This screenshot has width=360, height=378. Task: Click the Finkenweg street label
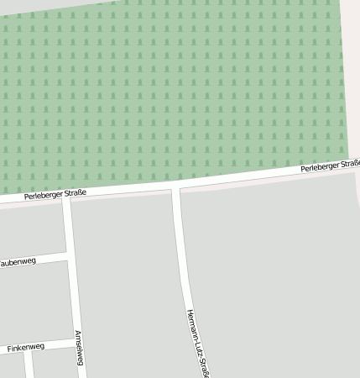pos(25,347)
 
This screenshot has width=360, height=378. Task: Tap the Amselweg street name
pos(79,348)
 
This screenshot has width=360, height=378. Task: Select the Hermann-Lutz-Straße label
pos(197,343)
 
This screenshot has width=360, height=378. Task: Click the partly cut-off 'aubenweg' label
pos(18,262)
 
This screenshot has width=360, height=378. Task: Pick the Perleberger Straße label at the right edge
pos(331,167)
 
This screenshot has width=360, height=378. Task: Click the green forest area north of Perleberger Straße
pos(168,84)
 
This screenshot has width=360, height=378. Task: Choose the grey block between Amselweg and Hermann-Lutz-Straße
pos(126,277)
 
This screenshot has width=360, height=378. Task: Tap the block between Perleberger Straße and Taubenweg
pos(32,231)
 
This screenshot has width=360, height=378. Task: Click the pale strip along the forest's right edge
pos(352,84)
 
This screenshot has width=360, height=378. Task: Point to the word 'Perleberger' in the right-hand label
pos(318,168)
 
